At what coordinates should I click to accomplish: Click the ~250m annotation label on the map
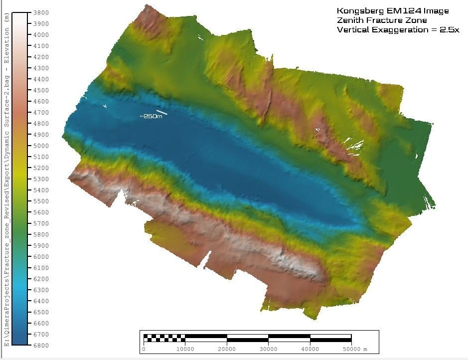[151, 116]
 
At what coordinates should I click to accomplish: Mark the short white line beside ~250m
[162, 112]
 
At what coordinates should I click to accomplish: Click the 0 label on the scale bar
[144, 349]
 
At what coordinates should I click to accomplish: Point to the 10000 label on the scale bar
[185, 349]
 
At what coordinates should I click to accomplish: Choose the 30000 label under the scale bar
[268, 349]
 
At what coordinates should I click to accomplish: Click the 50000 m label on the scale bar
[355, 349]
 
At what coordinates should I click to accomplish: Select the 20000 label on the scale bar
[227, 349]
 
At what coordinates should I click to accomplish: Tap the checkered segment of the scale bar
[164, 337]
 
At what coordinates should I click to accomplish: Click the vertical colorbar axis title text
[6, 180]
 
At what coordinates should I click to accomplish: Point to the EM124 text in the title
[392, 11]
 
